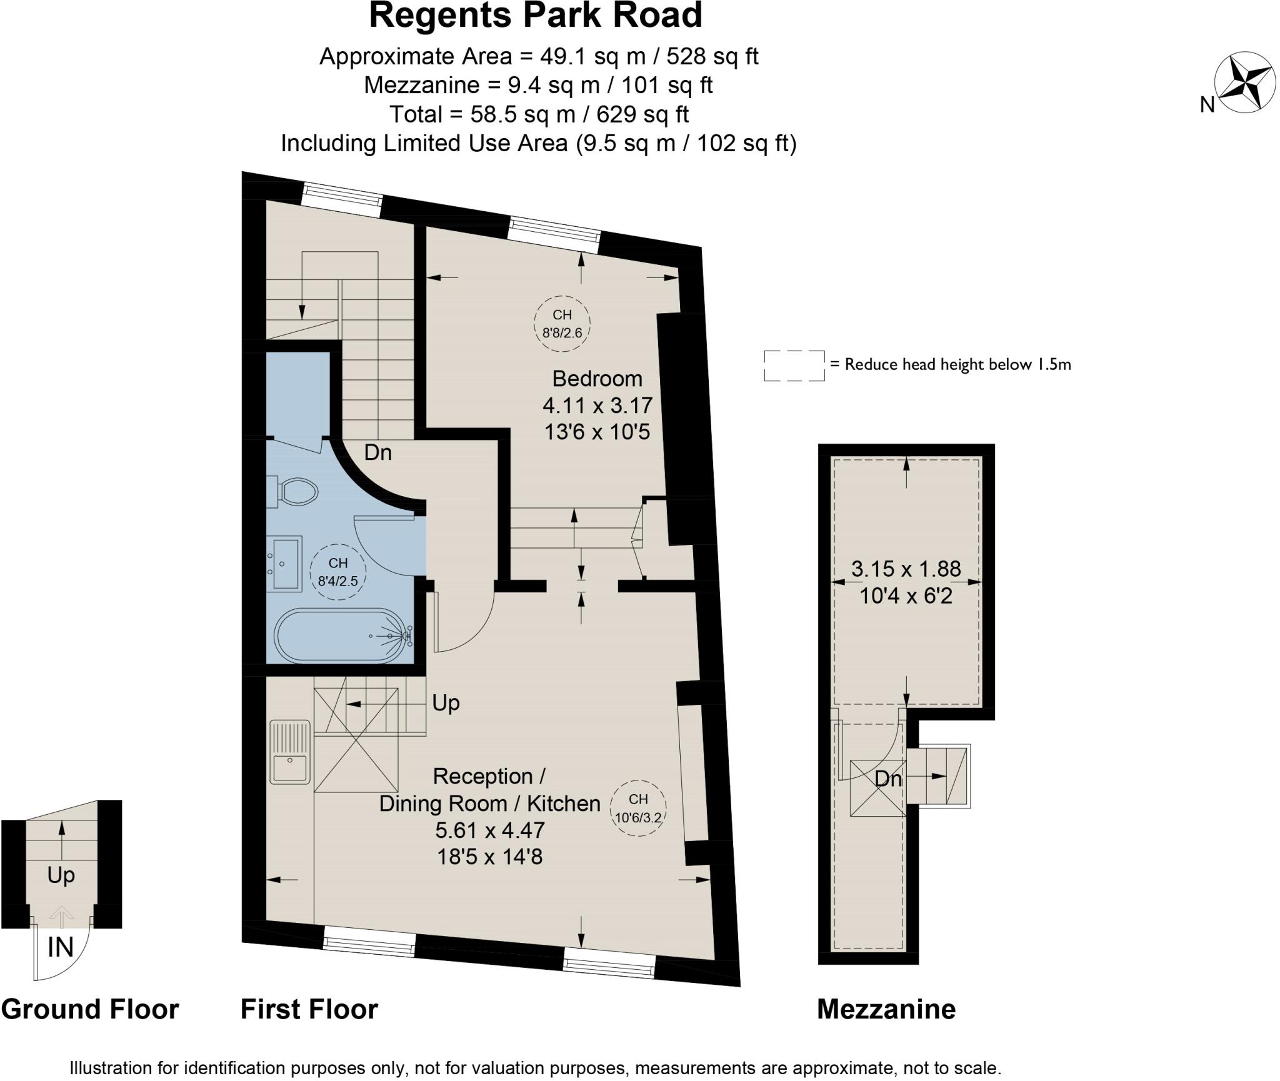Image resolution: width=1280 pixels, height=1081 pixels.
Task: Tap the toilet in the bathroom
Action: [293, 492]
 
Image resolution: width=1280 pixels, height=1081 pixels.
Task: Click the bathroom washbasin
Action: [284, 564]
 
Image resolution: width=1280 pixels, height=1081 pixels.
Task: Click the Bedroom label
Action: [597, 379]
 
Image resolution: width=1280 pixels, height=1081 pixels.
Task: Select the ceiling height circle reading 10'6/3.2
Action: [638, 808]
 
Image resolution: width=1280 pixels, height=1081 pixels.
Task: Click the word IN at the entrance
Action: [61, 947]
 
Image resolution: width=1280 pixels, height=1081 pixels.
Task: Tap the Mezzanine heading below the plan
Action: [886, 1009]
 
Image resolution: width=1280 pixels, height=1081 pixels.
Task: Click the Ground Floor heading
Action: [90, 1009]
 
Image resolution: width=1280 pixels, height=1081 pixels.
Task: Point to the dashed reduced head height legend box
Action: [794, 366]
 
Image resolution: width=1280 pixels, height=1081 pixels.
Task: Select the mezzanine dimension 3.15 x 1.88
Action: [906, 569]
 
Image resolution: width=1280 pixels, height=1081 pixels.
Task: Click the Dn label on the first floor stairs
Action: [377, 452]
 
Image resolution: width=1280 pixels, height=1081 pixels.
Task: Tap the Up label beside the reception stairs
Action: [446, 703]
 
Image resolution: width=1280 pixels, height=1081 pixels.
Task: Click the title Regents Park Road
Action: [536, 16]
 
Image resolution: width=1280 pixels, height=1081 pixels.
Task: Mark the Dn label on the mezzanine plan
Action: [887, 779]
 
